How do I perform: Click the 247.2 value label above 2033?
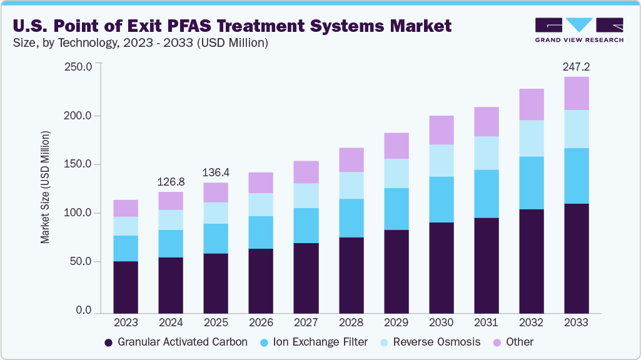(x=576, y=66)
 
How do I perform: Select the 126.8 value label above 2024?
(x=171, y=182)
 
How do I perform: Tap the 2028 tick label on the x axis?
(x=351, y=323)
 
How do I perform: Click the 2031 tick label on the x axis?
(x=486, y=323)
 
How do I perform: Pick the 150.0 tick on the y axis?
(x=78, y=164)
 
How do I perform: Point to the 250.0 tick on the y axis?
(x=78, y=67)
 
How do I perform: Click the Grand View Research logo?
(x=579, y=30)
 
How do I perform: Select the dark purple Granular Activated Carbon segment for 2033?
(x=576, y=257)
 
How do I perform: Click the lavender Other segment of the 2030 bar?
(x=441, y=130)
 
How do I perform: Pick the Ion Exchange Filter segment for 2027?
(x=306, y=226)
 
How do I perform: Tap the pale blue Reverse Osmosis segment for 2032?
(x=531, y=138)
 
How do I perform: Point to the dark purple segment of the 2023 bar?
(x=126, y=287)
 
